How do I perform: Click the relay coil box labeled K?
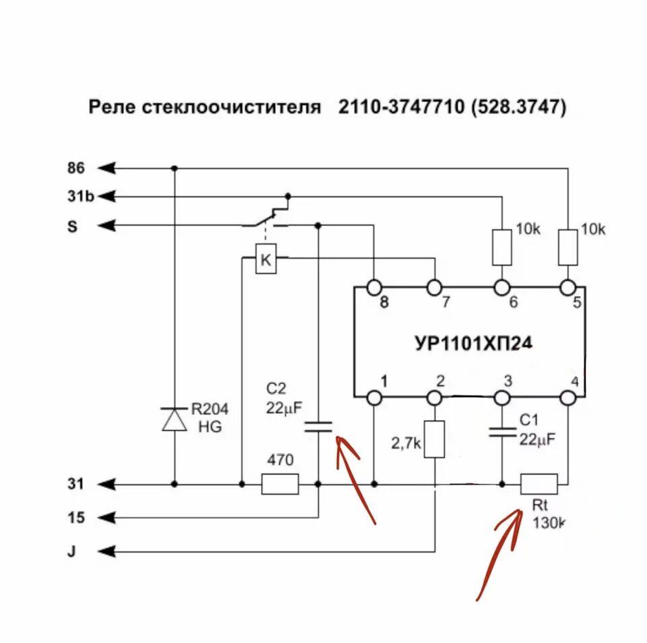tap(266, 261)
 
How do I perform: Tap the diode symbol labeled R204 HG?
tap(175, 419)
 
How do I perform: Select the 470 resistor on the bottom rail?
tap(280, 484)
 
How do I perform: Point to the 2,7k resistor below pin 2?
tap(435, 439)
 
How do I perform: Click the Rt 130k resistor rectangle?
tap(539, 484)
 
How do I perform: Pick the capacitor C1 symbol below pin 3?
tap(502, 431)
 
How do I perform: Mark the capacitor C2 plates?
tap(318, 425)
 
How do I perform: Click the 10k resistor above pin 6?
tap(502, 247)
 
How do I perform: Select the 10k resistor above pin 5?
tap(568, 247)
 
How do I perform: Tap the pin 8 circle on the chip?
tap(375, 288)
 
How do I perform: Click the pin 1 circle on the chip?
tap(375, 398)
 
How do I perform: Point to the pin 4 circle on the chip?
tap(568, 398)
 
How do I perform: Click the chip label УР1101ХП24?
tap(473, 343)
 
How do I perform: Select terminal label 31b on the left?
tap(80, 196)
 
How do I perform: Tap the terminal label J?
tap(71, 551)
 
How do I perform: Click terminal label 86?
tap(76, 167)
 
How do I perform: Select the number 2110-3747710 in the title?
tap(402, 108)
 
